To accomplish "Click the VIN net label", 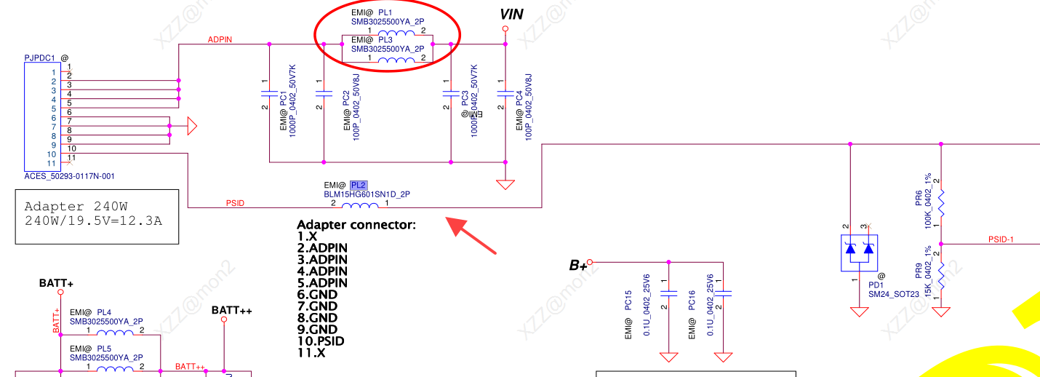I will pos(511,14).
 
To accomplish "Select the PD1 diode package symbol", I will pos(860,250).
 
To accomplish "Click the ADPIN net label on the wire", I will pos(220,39).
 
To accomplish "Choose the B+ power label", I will pos(577,266).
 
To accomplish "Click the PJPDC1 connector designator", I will pos(41,57).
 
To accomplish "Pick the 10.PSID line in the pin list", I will pos(321,341).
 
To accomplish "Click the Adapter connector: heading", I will pos(356,225).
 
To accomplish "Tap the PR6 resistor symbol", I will pos(941,204).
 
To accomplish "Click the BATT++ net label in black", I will pos(231,311).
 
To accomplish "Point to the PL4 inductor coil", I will pos(116,333).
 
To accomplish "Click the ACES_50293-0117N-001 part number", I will pos(69,176).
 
